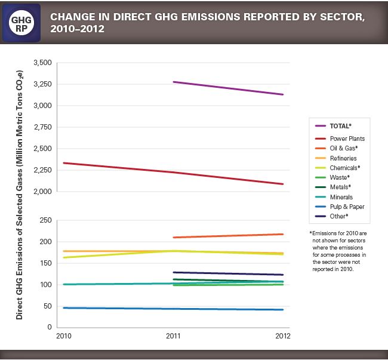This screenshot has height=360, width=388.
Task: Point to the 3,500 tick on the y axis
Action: point(44,63)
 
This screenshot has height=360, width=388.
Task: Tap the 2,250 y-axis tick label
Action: point(44,170)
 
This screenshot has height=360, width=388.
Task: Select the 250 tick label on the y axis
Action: point(46,220)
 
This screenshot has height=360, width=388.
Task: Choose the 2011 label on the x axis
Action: point(173,336)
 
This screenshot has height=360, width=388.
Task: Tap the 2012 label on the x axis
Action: point(282,336)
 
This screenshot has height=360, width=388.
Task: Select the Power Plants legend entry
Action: point(347,139)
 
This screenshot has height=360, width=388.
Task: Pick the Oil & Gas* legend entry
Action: point(343,148)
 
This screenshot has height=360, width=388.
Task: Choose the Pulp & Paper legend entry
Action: point(347,207)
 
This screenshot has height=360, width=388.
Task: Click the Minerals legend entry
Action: point(341,197)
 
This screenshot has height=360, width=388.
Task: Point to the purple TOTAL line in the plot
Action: point(227,88)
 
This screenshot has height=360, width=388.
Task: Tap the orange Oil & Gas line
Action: point(227,236)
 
